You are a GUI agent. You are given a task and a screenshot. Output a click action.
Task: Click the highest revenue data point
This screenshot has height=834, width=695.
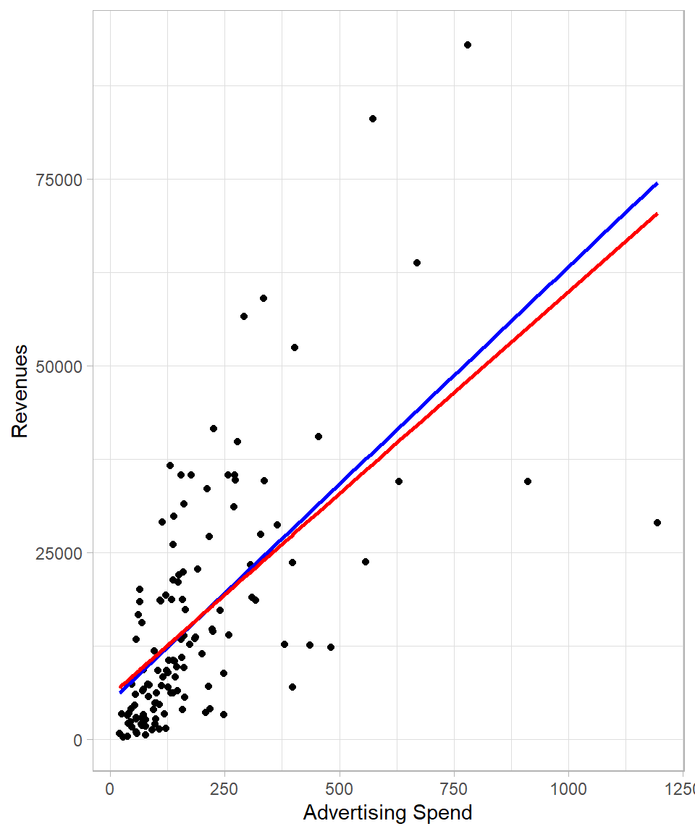(468, 45)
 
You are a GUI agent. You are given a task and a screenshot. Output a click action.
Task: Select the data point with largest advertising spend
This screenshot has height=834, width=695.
(657, 523)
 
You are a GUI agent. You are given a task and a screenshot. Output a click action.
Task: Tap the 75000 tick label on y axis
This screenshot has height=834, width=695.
(59, 180)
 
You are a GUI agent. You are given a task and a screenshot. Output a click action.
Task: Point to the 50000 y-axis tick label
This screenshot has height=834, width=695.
(59, 366)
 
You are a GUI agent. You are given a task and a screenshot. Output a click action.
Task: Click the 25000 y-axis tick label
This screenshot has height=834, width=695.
(59, 553)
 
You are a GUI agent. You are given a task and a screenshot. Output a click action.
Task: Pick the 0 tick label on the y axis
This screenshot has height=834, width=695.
(78, 740)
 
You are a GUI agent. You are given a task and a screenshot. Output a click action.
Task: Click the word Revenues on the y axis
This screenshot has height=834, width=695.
(20, 391)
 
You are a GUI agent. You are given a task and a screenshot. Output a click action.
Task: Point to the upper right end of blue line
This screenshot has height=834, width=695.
(657, 183)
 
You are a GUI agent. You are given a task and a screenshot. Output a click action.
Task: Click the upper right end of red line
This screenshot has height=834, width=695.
(657, 214)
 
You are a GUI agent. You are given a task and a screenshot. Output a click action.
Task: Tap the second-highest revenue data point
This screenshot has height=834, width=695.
(373, 119)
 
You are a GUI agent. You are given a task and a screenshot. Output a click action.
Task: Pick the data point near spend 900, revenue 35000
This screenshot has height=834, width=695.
(528, 481)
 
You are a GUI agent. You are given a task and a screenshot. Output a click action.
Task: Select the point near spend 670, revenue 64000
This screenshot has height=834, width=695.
(417, 263)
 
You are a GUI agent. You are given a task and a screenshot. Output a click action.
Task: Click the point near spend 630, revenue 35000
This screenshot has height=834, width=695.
(399, 481)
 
